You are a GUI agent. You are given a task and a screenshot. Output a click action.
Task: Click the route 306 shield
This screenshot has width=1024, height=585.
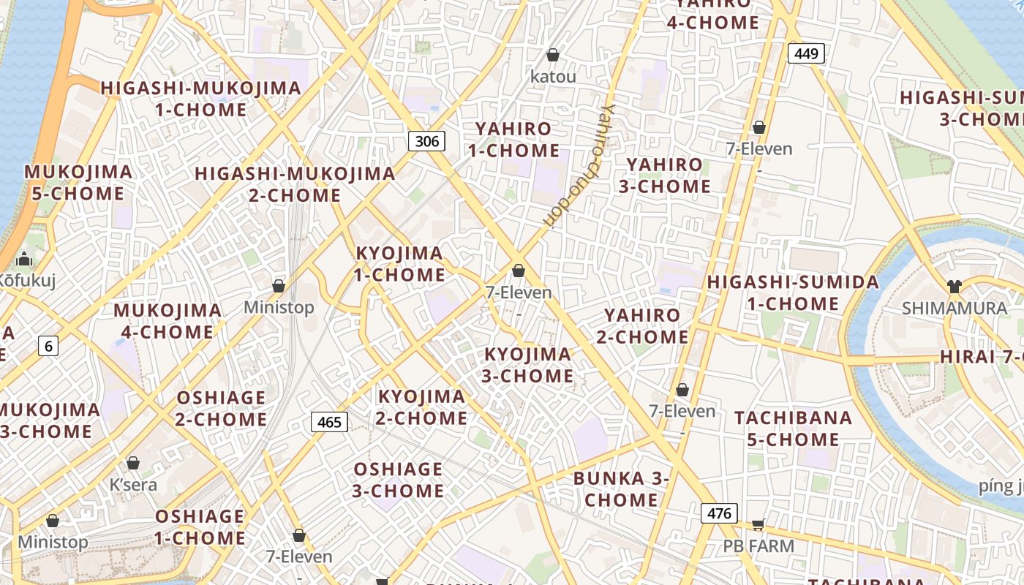pyautogui.click(x=426, y=141)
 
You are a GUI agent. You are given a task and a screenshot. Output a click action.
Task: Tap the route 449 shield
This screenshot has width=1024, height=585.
pyautogui.click(x=806, y=53)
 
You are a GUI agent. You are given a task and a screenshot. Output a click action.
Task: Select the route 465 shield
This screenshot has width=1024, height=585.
pyautogui.click(x=329, y=422)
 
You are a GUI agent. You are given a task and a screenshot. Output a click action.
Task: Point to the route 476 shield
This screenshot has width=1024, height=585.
pyautogui.click(x=719, y=513)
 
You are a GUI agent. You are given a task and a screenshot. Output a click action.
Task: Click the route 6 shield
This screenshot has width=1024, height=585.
pyautogui.click(x=48, y=346)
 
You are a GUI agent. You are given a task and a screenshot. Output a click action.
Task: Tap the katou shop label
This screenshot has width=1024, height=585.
pyautogui.click(x=553, y=76)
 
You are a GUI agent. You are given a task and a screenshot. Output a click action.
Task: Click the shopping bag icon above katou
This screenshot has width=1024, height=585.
pyautogui.click(x=553, y=55)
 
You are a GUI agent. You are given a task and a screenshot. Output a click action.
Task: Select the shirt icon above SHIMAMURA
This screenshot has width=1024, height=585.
pyautogui.click(x=954, y=286)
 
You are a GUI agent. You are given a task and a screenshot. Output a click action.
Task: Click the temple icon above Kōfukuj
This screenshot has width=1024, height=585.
pyautogui.click(x=25, y=259)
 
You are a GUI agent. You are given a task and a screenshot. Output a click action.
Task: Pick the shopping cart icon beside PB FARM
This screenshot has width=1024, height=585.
pyautogui.click(x=758, y=524)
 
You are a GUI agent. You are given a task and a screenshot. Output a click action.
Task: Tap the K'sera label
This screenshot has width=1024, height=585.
pyautogui.click(x=133, y=484)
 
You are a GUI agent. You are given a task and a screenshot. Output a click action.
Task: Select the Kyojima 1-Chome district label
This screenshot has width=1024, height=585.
pyautogui.click(x=399, y=264)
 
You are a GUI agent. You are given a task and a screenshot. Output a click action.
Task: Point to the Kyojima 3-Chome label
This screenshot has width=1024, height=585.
pyautogui.click(x=528, y=365)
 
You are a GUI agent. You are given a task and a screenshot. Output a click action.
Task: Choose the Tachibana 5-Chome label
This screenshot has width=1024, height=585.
pyautogui.click(x=794, y=429)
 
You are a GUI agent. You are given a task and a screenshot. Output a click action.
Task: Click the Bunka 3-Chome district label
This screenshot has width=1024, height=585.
pyautogui.click(x=621, y=489)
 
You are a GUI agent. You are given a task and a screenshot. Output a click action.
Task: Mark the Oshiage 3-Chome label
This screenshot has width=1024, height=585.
pyautogui.click(x=398, y=480)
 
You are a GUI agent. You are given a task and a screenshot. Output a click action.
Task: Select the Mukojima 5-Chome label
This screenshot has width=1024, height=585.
pyautogui.click(x=78, y=183)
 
